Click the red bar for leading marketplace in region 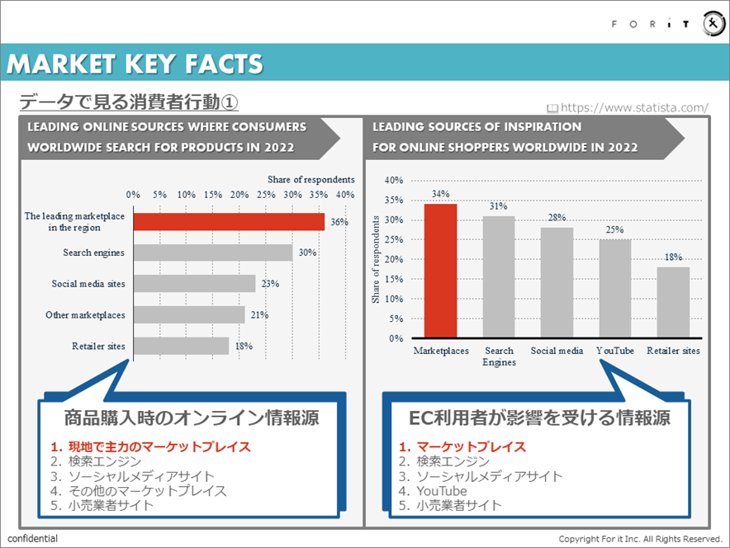229,221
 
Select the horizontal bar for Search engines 213,253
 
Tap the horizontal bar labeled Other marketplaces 189,314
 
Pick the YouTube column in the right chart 615,288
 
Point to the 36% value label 339,222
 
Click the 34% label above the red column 440,194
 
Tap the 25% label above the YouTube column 615,230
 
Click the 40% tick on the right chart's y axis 394,180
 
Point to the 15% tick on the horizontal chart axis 212,195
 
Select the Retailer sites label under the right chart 673,351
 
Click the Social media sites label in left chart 88,284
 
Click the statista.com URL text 634,107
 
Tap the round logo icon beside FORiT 713,24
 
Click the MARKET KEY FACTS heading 135,64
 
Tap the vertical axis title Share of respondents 376,259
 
